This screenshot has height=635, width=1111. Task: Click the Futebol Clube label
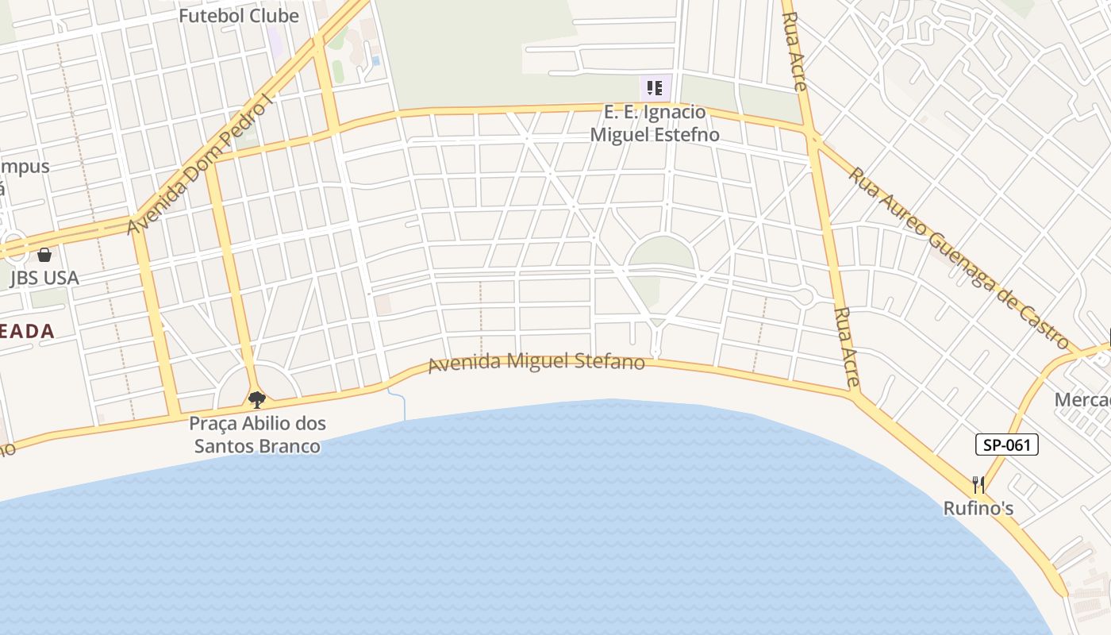(238, 16)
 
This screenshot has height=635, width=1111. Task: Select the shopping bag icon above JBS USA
(44, 255)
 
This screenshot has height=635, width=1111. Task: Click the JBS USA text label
(44, 278)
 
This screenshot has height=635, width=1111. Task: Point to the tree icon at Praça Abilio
(256, 399)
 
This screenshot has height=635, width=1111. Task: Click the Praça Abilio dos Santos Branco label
(257, 435)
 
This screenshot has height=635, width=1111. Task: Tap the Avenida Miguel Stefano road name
(536, 362)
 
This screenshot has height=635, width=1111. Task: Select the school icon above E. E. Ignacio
(654, 87)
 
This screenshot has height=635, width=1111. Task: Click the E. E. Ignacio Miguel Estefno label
(655, 123)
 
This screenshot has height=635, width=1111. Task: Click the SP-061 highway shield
(1006, 444)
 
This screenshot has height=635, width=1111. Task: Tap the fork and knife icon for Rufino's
(978, 485)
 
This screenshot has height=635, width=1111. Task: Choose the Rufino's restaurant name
(978, 508)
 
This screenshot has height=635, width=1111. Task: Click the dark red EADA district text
(27, 332)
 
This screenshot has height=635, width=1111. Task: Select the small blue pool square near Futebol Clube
(375, 60)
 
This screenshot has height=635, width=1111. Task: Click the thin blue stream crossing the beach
(404, 406)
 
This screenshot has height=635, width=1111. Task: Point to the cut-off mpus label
(25, 167)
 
